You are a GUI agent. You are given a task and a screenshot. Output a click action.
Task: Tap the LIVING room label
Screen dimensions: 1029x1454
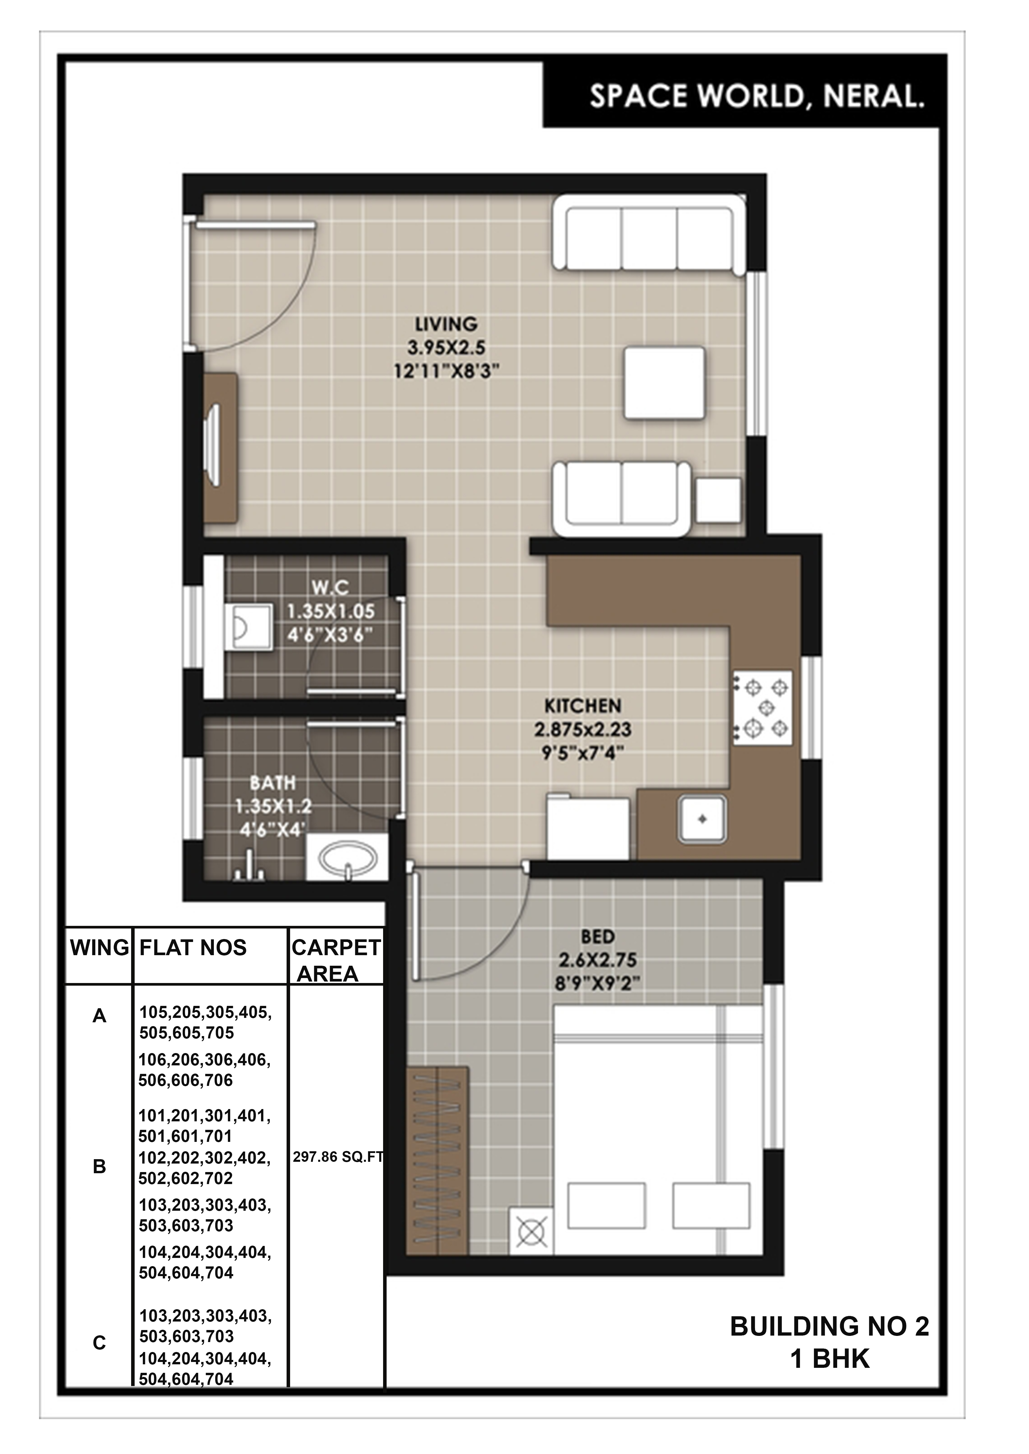(x=446, y=324)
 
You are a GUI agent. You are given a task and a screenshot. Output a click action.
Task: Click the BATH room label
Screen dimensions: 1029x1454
(x=273, y=783)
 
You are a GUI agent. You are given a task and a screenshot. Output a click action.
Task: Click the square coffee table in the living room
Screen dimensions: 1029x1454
(x=664, y=383)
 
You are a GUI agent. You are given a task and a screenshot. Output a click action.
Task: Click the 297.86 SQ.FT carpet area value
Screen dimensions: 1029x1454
(x=338, y=1157)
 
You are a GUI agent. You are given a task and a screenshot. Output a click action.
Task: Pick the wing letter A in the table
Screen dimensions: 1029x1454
(x=99, y=1016)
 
